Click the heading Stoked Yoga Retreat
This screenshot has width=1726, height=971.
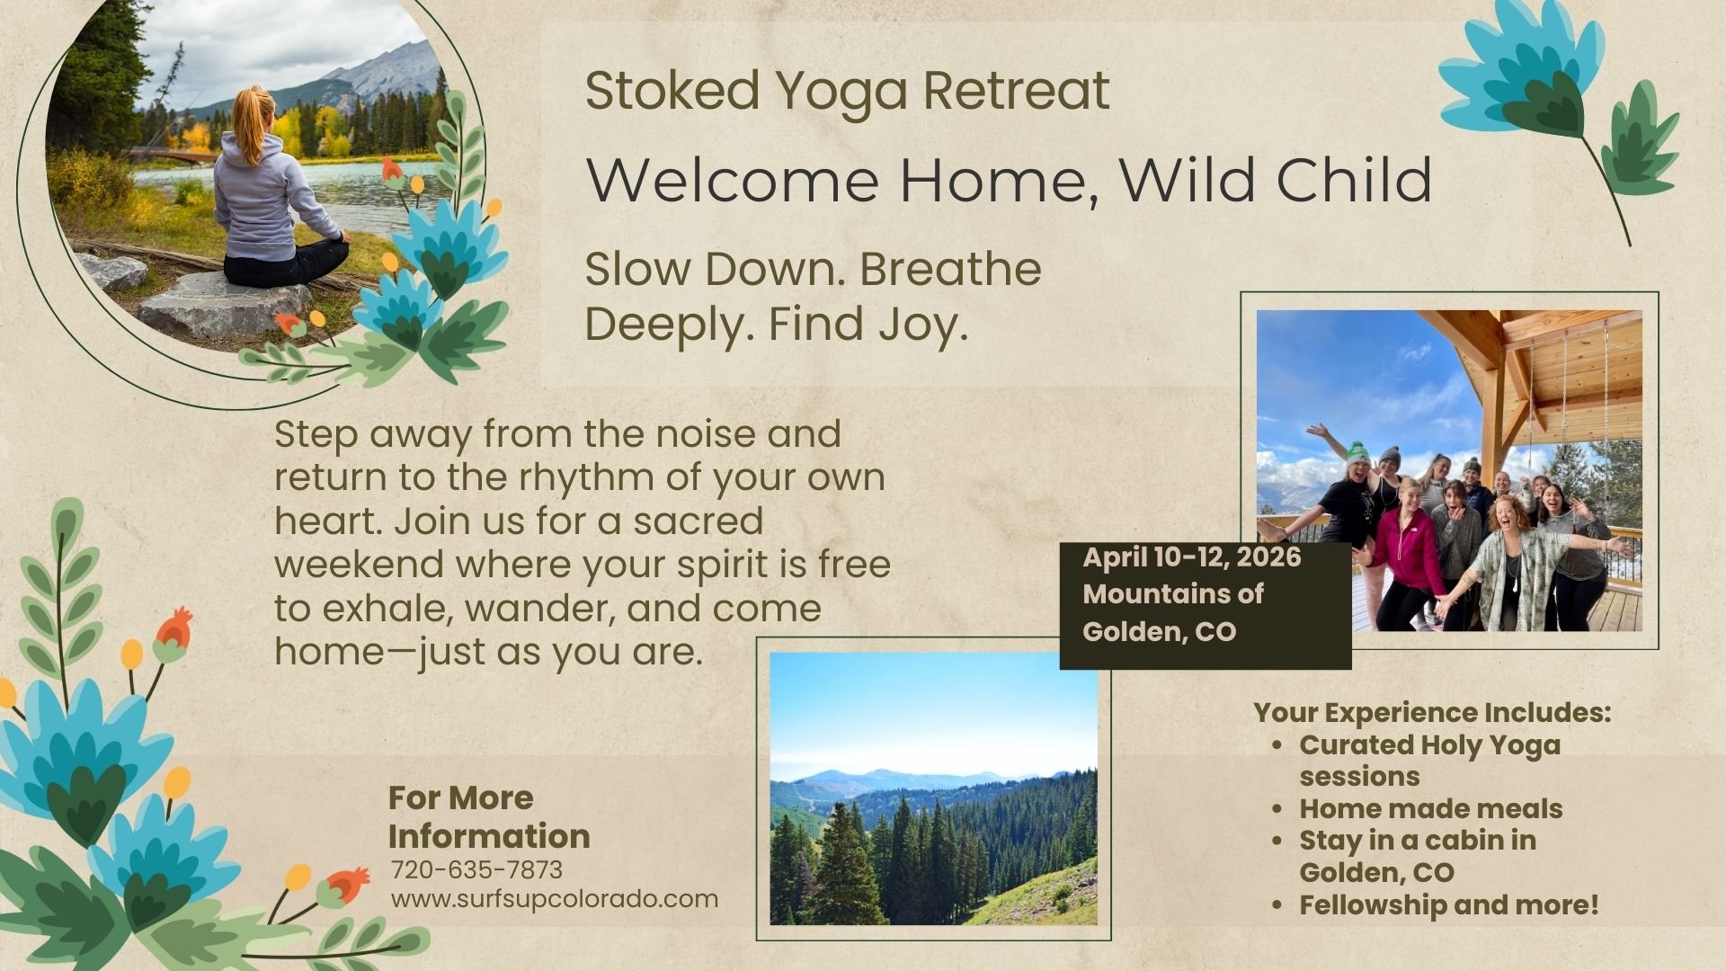[847, 92]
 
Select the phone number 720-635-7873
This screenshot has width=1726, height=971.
[476, 870]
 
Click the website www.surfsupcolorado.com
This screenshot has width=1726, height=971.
[555, 899]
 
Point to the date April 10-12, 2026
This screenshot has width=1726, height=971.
[1192, 557]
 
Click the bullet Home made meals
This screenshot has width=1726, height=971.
[1431, 808]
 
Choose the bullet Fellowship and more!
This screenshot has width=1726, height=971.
[1449, 904]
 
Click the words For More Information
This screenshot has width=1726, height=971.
[489, 816]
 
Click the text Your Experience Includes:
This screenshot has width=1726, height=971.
[1433, 712]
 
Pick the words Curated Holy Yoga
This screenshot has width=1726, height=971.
[1430, 745]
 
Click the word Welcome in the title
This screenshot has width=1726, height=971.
[732, 179]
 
